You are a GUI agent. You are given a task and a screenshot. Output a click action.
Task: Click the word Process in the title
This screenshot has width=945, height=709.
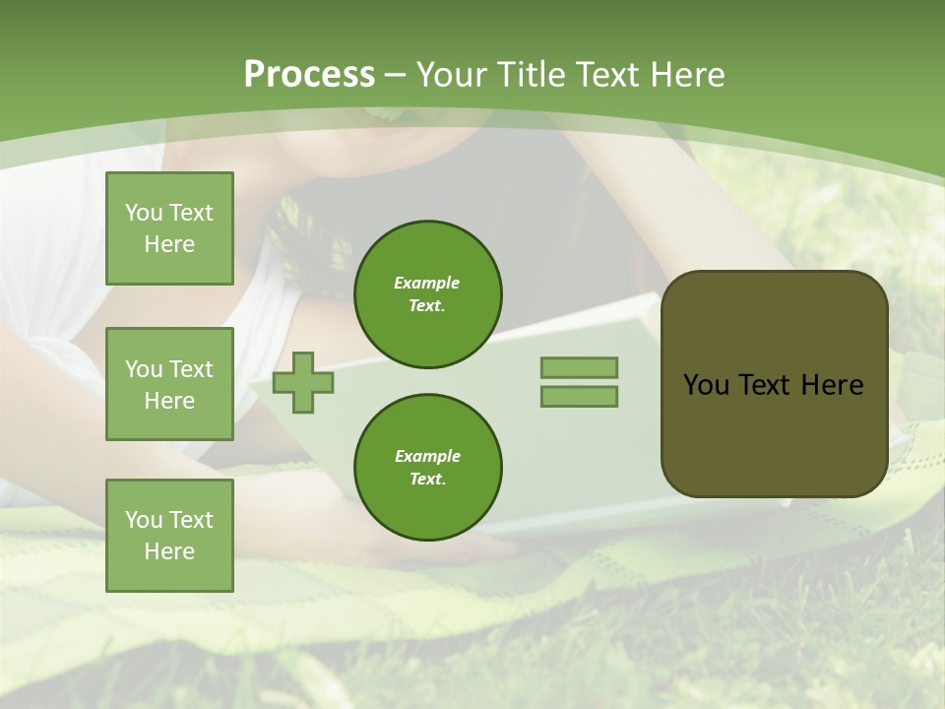(309, 75)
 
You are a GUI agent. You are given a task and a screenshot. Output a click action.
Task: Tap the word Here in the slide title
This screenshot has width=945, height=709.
(684, 75)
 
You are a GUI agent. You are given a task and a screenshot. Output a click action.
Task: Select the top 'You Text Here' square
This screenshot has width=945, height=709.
(169, 228)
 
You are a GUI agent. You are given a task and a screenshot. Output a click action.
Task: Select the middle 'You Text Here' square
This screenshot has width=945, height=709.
(169, 384)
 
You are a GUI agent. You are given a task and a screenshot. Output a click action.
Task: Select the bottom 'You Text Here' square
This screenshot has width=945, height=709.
(169, 536)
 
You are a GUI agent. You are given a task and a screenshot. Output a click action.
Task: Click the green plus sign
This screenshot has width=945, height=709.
(303, 382)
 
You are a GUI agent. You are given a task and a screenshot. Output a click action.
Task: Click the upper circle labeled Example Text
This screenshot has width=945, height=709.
(428, 293)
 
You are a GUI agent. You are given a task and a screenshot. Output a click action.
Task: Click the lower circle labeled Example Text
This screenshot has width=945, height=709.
(428, 467)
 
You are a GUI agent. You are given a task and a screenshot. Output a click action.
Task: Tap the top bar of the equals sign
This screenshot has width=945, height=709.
(579, 367)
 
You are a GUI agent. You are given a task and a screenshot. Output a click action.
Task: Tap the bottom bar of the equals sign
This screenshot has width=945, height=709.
(579, 396)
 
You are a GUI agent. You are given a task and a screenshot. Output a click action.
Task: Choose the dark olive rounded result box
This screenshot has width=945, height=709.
(774, 433)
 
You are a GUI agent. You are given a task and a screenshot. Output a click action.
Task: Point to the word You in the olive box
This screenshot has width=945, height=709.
(705, 385)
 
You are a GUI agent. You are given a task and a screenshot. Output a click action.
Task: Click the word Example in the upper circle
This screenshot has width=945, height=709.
(427, 283)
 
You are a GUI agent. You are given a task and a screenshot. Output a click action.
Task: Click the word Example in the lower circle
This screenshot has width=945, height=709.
(427, 456)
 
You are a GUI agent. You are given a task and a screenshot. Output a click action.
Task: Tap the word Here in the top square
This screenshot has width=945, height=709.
(169, 244)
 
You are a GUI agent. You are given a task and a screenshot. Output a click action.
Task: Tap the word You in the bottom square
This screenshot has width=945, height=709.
(144, 520)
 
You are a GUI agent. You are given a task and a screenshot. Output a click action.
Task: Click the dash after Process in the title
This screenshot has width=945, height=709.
(395, 75)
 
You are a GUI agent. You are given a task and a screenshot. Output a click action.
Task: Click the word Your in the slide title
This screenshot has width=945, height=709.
(451, 75)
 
